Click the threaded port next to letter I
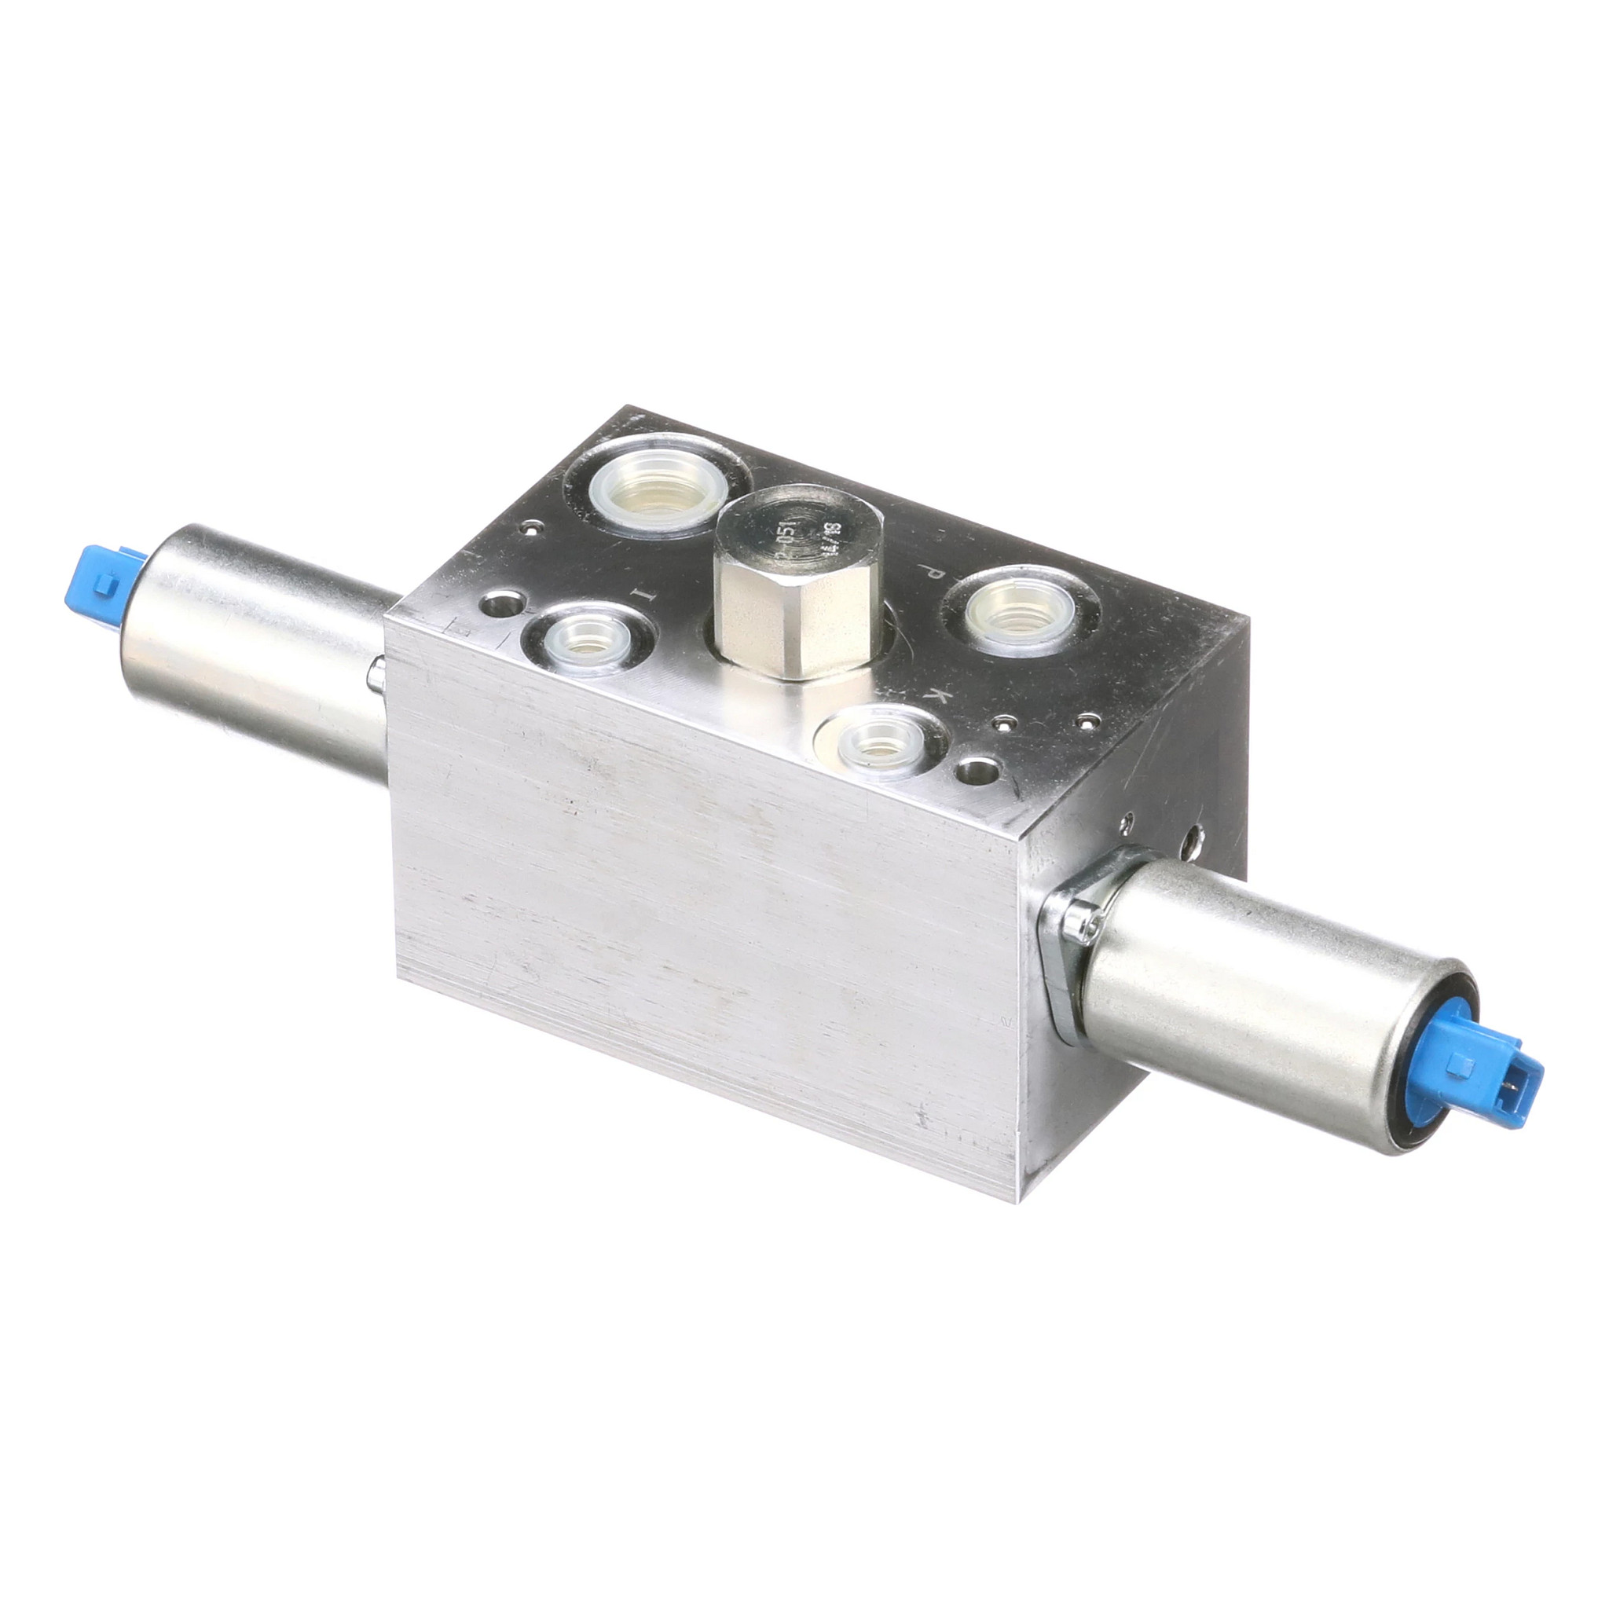point(588,640)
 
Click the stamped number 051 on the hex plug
point(785,549)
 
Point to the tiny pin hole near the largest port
point(530,527)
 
